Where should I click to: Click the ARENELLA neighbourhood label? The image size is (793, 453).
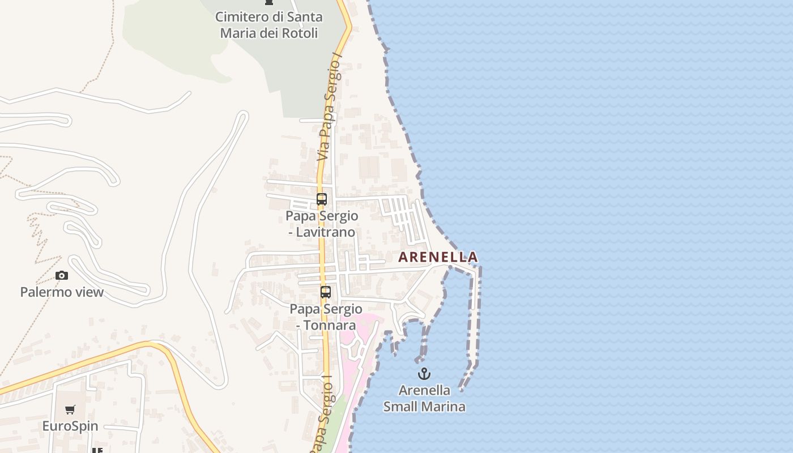pos(438,257)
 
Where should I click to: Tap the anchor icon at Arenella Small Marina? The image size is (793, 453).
pos(424,374)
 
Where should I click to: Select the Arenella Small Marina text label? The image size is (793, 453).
pos(424,398)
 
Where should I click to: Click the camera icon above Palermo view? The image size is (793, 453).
pos(62,276)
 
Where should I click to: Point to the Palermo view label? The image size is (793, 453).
pos(62,292)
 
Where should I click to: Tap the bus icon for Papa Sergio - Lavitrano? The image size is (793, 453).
pos(322,199)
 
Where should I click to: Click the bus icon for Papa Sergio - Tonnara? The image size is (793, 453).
pos(325,292)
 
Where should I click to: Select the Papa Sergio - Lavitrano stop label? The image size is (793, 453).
pos(322,224)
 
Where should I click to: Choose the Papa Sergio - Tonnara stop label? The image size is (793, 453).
pos(326,317)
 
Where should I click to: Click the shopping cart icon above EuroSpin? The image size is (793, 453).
pos(70,410)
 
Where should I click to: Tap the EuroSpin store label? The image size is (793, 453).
pos(70,426)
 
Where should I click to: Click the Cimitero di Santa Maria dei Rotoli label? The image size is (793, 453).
pos(269,25)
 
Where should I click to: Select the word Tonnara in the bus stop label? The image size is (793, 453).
pos(331,325)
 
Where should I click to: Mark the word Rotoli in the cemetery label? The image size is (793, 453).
pos(300,33)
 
